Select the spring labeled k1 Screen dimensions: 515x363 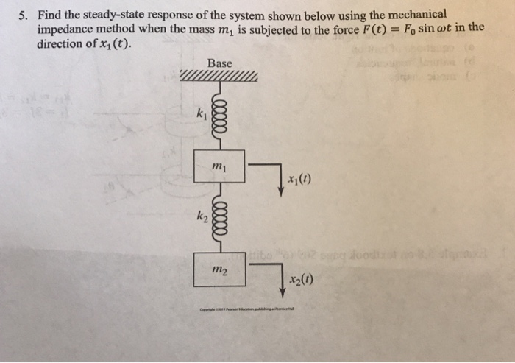click(218, 114)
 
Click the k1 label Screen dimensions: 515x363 click(201, 115)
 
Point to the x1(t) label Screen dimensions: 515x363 click(300, 183)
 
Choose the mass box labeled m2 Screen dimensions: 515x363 click(219, 268)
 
